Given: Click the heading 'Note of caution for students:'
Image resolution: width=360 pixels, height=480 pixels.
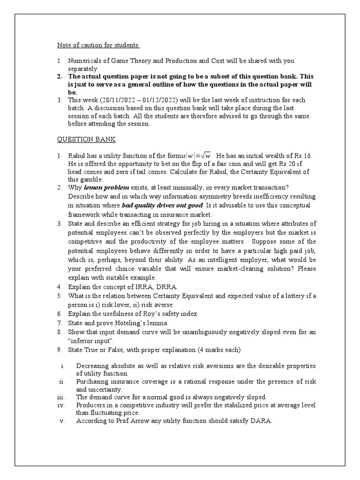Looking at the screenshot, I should pos(98,45).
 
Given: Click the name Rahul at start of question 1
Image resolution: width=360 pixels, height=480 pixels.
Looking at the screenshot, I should pos(78,156).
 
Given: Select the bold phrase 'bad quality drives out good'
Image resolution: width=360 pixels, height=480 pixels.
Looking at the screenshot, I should pos(162,205).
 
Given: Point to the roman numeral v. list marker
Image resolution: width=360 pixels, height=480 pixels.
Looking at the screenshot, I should pos(62,421).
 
